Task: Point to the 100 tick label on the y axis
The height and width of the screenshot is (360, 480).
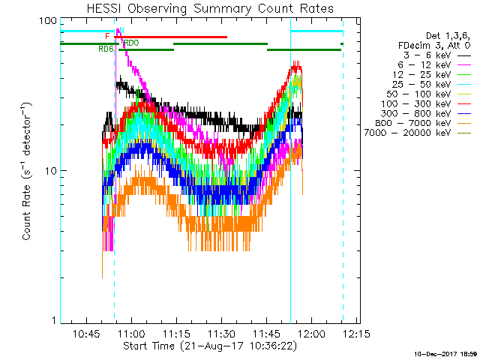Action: tap(48, 20)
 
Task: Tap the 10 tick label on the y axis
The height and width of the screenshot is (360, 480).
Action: tap(51, 171)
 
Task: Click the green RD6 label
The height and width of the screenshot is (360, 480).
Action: tap(106, 49)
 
